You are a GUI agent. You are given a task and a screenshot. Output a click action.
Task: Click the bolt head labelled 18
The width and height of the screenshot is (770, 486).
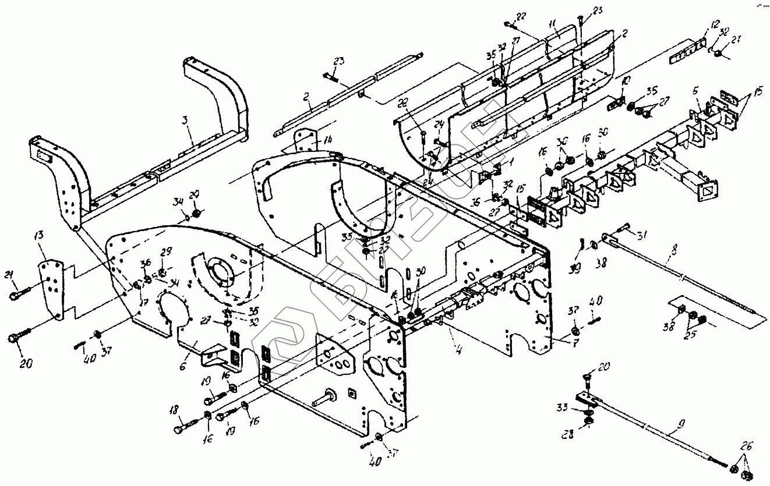coord(178,430)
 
